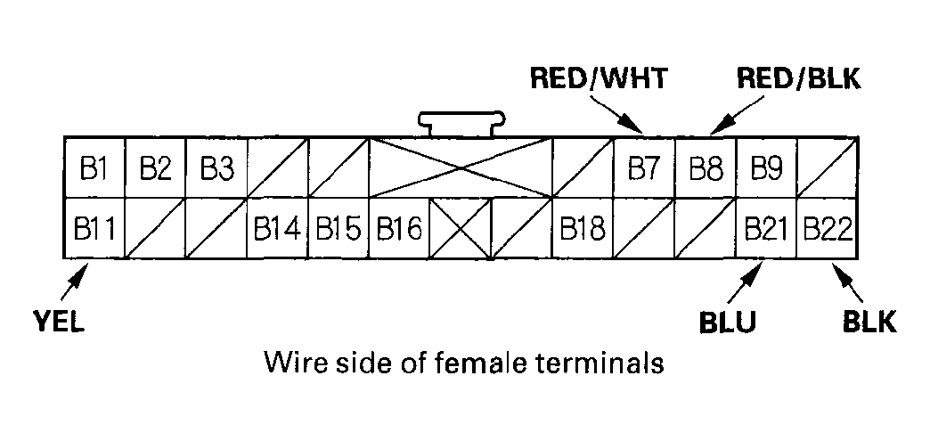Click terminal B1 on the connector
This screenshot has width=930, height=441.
[x=94, y=167]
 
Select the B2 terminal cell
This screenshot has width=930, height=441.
[x=155, y=167]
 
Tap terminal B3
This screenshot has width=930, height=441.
[x=216, y=167]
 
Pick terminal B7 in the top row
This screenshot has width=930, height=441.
[x=644, y=167]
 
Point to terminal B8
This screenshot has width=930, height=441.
[x=706, y=167]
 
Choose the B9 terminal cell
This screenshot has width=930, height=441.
[x=766, y=167]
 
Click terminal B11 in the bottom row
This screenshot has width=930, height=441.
[x=94, y=229]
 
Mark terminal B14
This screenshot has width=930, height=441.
[x=277, y=229]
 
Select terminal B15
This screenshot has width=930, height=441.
[x=338, y=229]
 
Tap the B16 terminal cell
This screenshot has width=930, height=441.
[x=398, y=229]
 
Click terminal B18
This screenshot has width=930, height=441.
[x=583, y=229]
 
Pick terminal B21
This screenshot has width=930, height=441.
[x=766, y=229]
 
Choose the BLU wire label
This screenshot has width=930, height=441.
[x=727, y=322]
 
